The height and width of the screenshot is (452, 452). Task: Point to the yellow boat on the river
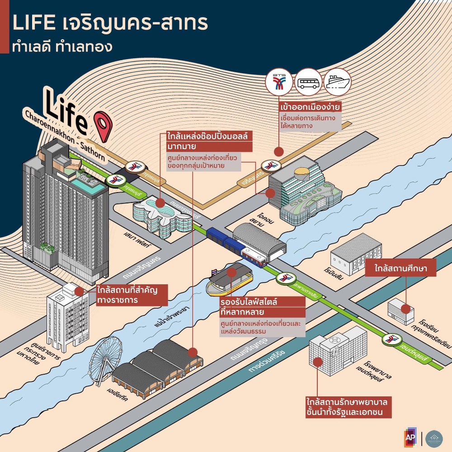pyautogui.click(x=226, y=282)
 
